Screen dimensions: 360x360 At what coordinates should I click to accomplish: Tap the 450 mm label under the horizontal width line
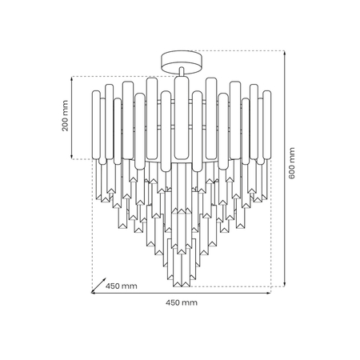(x=181, y=303)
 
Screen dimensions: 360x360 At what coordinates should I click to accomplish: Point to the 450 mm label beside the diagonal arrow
(x=122, y=286)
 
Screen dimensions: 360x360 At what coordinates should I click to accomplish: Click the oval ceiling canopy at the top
(x=181, y=60)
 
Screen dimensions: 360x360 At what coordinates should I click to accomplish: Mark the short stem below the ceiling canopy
(x=181, y=73)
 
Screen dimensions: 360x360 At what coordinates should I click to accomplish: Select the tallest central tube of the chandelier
(x=181, y=120)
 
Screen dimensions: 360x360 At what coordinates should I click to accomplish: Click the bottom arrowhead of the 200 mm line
(x=73, y=157)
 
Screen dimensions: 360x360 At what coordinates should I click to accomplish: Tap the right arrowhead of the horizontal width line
(x=269, y=293)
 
